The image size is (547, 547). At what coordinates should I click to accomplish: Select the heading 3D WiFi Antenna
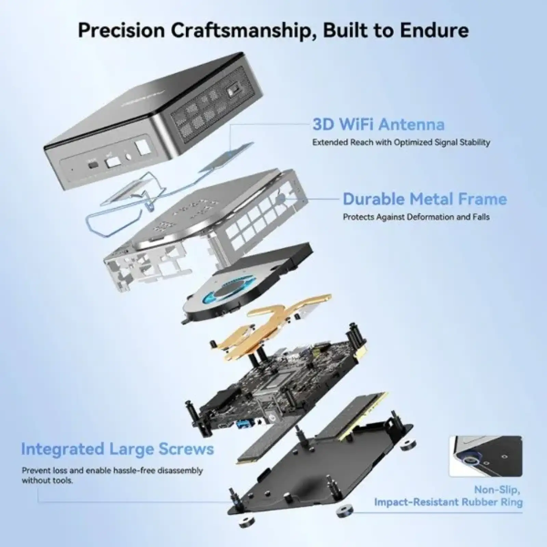coord(378,124)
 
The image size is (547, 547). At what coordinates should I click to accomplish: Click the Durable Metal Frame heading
coord(425,199)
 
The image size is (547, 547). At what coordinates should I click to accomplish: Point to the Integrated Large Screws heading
coord(118,449)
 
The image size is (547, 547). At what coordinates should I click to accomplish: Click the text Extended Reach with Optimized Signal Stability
coord(401,142)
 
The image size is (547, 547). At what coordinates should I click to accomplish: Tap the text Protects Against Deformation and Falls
coord(416,217)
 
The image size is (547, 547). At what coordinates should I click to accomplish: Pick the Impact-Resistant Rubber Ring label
coord(448,502)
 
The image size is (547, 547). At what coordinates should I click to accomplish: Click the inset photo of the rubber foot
coord(486,456)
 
